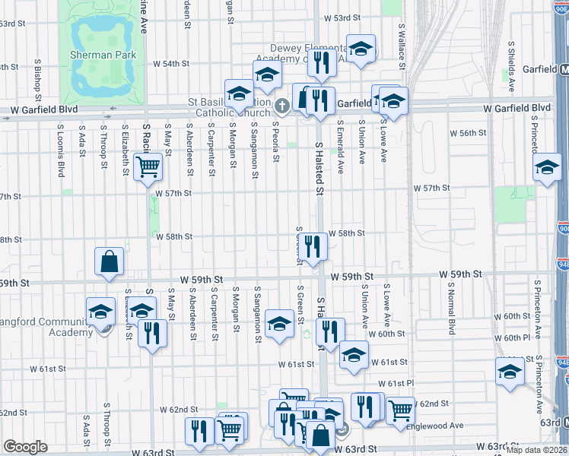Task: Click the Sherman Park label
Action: tap(103, 55)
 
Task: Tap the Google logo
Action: tap(25, 447)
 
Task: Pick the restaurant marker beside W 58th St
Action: tap(312, 245)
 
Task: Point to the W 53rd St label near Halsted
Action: tap(341, 17)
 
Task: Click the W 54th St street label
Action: tap(170, 65)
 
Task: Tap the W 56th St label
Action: tap(468, 133)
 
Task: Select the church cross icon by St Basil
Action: tap(281, 105)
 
